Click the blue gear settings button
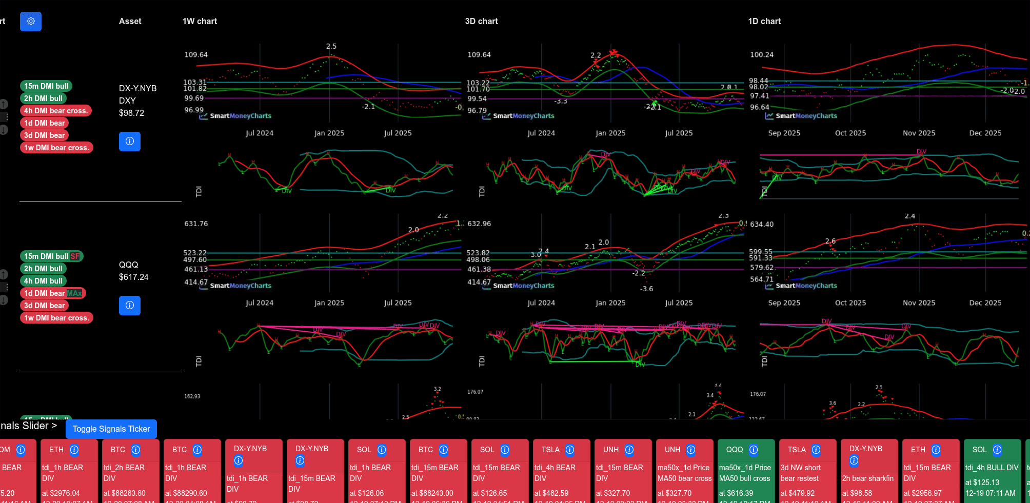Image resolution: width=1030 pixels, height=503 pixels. click(x=31, y=22)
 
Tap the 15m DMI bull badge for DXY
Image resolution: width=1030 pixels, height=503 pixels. click(x=46, y=86)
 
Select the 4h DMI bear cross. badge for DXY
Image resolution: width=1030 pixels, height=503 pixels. click(x=56, y=111)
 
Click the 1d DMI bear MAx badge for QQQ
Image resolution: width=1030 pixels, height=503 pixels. click(x=53, y=293)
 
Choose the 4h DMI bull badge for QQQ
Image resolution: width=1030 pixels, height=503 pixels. click(x=43, y=281)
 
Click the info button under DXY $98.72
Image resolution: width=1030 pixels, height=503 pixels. click(x=130, y=142)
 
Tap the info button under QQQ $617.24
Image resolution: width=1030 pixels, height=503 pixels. click(x=130, y=306)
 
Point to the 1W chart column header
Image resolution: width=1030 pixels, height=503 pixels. click(x=200, y=22)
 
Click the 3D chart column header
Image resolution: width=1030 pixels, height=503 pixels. click(x=481, y=22)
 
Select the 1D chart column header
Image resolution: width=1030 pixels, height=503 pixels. click(x=764, y=22)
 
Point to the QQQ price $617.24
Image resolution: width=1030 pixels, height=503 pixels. click(x=133, y=277)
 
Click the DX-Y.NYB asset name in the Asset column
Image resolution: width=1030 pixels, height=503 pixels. click(x=137, y=88)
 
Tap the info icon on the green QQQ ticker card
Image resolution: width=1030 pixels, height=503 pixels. click(x=754, y=450)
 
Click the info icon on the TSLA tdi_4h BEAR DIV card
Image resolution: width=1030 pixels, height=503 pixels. click(x=570, y=450)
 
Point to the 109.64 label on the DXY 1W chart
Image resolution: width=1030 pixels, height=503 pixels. click(x=196, y=55)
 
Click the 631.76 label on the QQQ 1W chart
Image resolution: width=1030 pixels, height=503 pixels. click(x=196, y=224)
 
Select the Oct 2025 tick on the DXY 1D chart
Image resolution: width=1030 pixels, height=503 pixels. click(x=850, y=133)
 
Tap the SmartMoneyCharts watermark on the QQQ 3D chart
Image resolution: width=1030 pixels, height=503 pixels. click(x=523, y=286)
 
